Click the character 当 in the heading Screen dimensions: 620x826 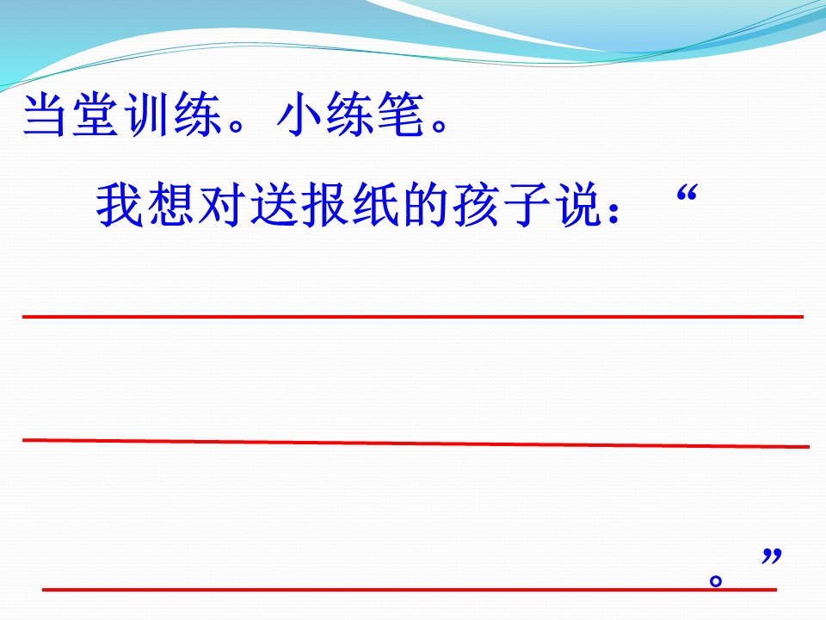tap(45, 115)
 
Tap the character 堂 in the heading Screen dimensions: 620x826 tap(95, 115)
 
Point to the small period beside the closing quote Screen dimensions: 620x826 tap(715, 580)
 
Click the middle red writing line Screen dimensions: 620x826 tap(413, 443)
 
